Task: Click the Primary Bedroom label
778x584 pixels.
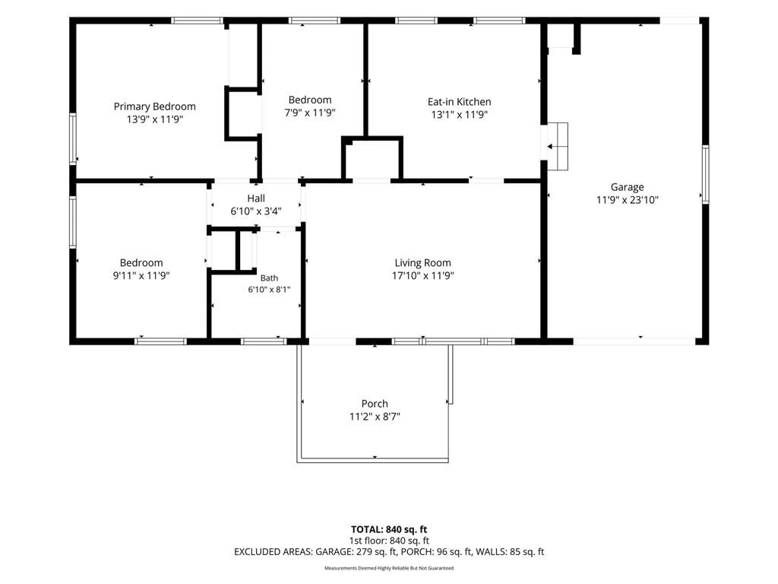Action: tap(155, 106)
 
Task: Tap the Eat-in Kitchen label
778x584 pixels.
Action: tap(460, 102)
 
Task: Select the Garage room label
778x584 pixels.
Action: tap(627, 187)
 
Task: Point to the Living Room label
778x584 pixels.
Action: tap(422, 263)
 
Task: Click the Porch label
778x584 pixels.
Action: tap(375, 404)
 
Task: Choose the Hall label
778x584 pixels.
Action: tap(256, 198)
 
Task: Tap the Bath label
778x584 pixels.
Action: tap(269, 278)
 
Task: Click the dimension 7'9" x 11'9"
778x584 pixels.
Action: tap(310, 113)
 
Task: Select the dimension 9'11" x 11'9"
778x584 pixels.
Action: tap(141, 275)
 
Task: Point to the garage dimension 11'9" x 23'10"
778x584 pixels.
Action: tap(627, 200)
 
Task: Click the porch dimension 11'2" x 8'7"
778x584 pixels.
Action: tap(375, 417)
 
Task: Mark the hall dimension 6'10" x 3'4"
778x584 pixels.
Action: tap(256, 211)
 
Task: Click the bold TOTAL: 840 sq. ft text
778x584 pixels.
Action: tap(389, 529)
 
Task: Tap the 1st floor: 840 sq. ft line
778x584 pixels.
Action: tap(389, 541)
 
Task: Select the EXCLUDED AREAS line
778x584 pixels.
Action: tap(389, 552)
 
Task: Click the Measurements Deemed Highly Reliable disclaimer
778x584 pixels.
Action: tap(389, 568)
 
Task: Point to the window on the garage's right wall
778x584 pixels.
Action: tap(705, 174)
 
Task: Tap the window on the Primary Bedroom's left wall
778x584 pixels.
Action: tap(73, 138)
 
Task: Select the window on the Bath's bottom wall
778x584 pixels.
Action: tap(264, 341)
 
